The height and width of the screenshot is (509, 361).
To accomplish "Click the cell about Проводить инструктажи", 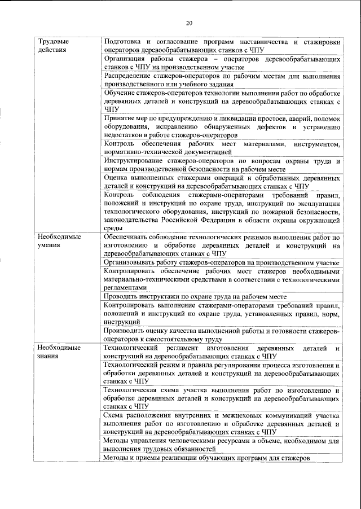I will coord(195,296).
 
